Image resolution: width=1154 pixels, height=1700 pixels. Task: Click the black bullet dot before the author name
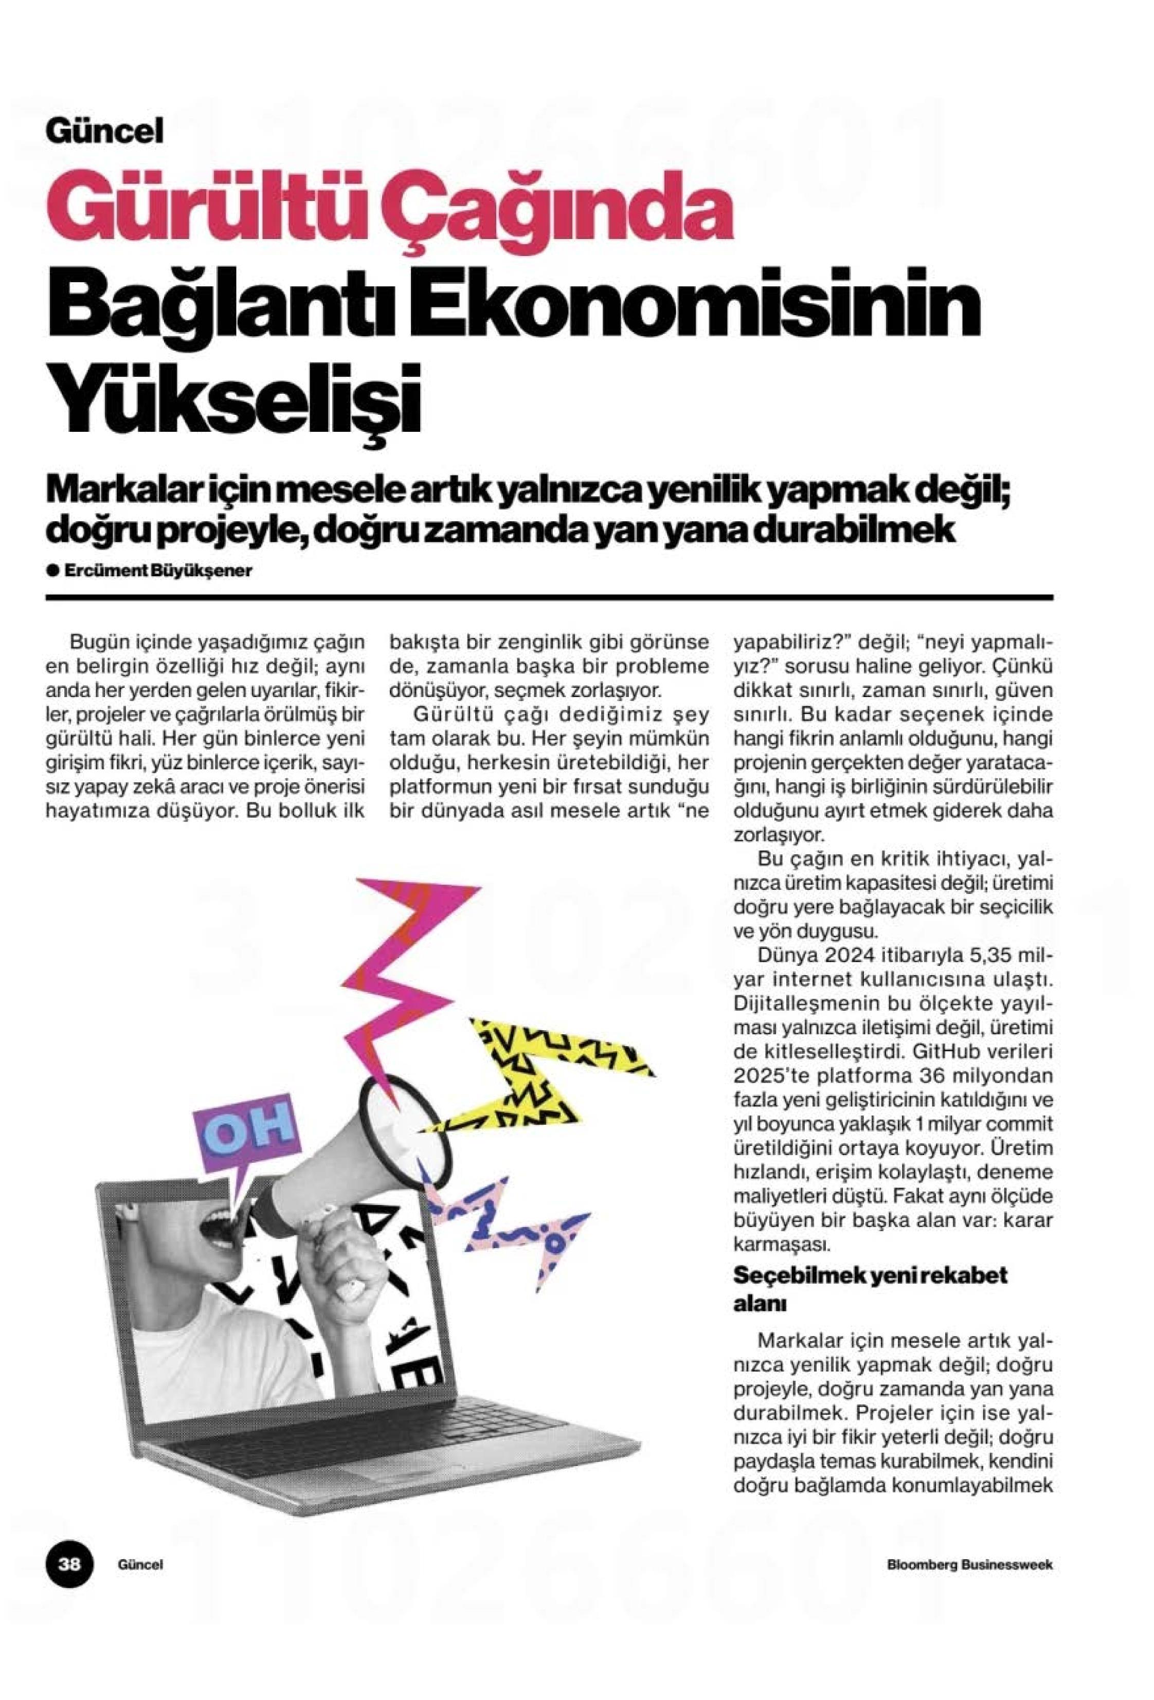(x=52, y=571)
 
